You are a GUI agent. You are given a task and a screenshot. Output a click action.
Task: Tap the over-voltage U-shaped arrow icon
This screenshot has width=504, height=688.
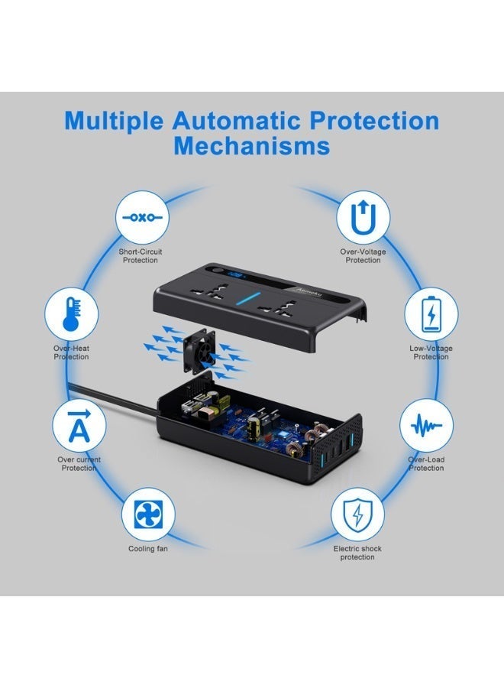(x=363, y=217)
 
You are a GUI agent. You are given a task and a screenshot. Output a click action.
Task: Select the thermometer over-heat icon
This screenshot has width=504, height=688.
(x=71, y=314)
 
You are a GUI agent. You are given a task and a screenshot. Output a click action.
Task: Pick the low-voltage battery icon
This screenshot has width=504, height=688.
(x=431, y=313)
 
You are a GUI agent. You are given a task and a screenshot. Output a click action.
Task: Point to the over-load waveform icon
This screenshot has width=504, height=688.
(x=425, y=425)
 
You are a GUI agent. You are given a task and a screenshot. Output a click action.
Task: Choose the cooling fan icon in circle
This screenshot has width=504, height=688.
(x=149, y=514)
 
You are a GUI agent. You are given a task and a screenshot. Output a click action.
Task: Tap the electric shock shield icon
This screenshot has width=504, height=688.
(x=357, y=514)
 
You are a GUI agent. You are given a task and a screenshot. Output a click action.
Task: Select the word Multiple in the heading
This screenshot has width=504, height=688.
(x=114, y=121)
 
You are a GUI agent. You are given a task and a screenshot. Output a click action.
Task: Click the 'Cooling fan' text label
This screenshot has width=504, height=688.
(x=148, y=549)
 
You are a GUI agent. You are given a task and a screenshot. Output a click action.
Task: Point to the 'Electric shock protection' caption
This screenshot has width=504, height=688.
(x=357, y=553)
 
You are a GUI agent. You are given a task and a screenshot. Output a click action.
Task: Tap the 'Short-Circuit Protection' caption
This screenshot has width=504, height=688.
(x=141, y=256)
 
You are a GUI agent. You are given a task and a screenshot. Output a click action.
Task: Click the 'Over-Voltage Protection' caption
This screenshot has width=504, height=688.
(x=363, y=256)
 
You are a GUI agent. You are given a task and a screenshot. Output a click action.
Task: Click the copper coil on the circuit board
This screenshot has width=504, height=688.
(x=315, y=439)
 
